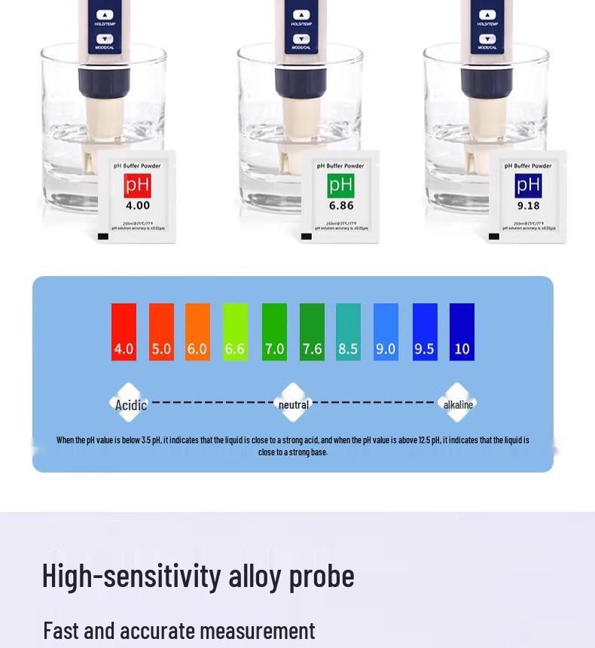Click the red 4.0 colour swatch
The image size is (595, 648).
tap(124, 332)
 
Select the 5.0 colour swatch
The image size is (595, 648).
tap(161, 332)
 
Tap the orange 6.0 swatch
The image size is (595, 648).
tap(197, 332)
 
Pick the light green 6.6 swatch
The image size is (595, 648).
tap(235, 332)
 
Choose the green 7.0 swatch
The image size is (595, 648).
tap(274, 332)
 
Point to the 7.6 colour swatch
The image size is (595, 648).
tap(312, 332)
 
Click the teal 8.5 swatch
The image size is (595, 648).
tap(348, 332)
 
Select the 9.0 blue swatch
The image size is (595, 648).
tap(386, 332)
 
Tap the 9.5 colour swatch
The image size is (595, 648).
tap(425, 332)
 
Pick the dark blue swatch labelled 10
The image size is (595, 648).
tap(462, 332)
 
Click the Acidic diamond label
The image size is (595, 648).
tap(130, 405)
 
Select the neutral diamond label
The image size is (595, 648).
tap(294, 405)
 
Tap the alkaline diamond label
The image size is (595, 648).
tap(458, 405)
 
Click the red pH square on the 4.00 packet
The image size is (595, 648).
tap(138, 185)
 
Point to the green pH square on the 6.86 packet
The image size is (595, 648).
tap(341, 185)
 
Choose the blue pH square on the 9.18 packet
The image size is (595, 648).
tap(528, 185)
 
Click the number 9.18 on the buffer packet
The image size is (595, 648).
tap(528, 205)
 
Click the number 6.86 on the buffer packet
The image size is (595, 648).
tap(341, 205)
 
